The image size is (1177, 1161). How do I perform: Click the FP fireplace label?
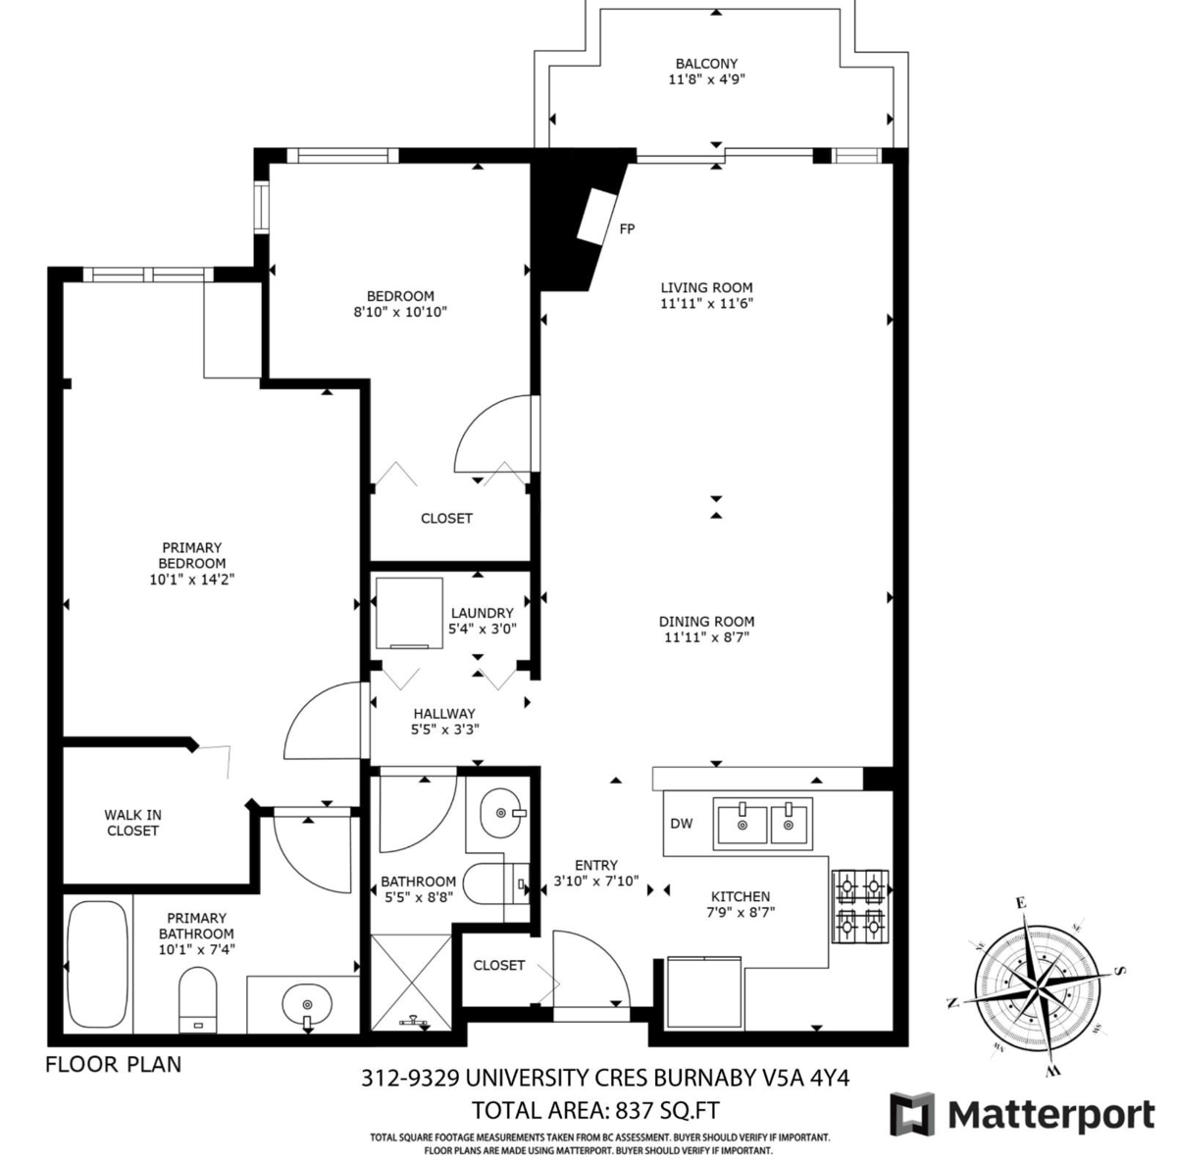coord(627,229)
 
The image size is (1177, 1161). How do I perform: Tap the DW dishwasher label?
coord(681,824)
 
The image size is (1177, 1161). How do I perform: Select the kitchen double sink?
coord(763,822)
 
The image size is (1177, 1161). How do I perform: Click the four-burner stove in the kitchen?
coord(860,906)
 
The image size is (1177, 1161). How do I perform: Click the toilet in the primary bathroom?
coord(199,1002)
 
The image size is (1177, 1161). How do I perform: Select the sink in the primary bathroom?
coord(307,1005)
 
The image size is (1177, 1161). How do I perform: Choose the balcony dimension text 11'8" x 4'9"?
coord(706,80)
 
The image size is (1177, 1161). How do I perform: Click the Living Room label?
coord(706,287)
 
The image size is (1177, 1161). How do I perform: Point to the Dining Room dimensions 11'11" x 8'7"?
coord(706,637)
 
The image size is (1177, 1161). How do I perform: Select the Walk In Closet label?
coord(132,823)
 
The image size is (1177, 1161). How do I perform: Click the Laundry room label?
coord(482,613)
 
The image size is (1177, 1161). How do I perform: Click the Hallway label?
coord(444,714)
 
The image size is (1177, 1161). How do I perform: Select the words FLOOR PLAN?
coord(113,1064)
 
